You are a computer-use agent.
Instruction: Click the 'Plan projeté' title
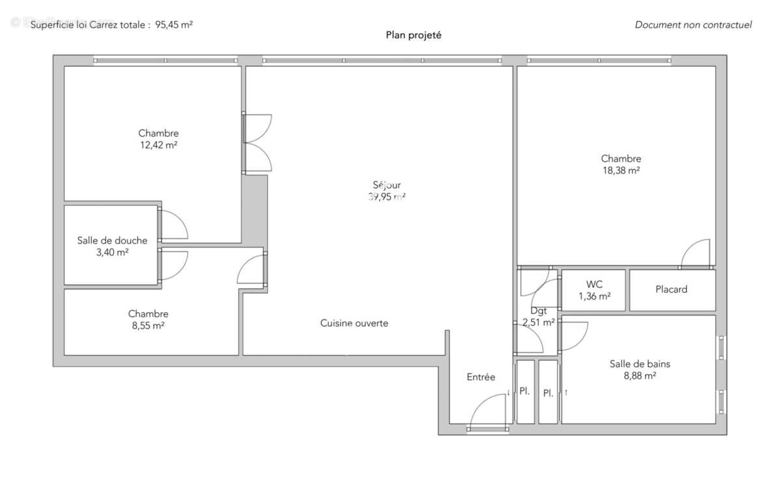click(413, 35)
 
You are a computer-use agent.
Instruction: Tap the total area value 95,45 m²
click(174, 25)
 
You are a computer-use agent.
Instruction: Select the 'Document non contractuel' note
click(693, 25)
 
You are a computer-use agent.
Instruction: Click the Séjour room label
click(387, 185)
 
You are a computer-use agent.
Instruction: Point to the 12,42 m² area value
click(159, 145)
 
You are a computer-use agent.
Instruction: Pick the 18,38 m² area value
click(621, 170)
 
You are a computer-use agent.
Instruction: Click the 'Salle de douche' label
click(112, 240)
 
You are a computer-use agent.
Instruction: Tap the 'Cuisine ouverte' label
click(354, 323)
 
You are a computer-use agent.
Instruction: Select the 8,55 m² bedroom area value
click(148, 326)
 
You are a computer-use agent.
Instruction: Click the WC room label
click(594, 284)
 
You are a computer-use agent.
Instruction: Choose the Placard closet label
click(671, 289)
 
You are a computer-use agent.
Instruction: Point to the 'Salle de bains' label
click(640, 364)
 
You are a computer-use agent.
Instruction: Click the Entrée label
click(481, 377)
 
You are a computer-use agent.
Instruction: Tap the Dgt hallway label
click(538, 311)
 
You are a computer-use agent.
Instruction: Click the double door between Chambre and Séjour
click(257, 143)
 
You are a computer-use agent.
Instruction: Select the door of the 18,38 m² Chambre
click(695, 253)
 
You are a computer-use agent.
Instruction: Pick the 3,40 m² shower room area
click(112, 252)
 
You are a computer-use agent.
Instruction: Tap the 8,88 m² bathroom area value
click(640, 376)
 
